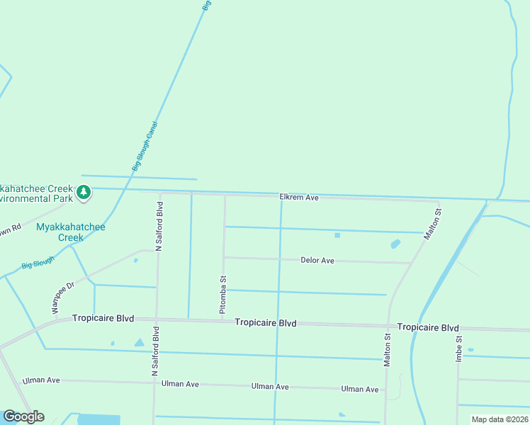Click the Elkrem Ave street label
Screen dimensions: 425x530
click(299, 198)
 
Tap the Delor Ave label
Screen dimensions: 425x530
click(317, 261)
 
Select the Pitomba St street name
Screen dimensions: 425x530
click(222, 295)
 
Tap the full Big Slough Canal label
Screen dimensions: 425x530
click(145, 147)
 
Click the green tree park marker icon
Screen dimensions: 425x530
click(84, 192)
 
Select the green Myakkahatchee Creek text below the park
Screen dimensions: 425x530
click(70, 232)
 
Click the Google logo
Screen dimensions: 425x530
click(23, 416)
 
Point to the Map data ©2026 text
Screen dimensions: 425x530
click(500, 419)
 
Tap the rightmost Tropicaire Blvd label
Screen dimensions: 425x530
click(428, 327)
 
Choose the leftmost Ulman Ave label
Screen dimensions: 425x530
click(41, 380)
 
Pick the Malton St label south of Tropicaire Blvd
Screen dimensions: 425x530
click(387, 350)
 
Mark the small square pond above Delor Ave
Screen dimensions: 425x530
click(337, 235)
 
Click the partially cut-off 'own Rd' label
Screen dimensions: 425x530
click(11, 231)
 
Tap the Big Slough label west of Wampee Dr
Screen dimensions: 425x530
click(38, 264)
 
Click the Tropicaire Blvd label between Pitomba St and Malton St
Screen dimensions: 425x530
click(266, 323)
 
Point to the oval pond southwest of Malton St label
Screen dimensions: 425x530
click(395, 244)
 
